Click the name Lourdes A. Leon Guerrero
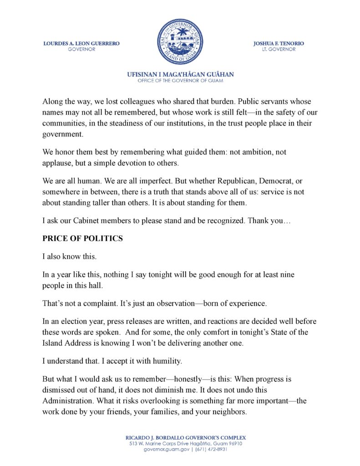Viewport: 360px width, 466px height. pos(81,44)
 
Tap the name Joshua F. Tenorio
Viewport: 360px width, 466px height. pos(279,44)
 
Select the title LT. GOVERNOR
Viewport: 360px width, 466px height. pos(279,50)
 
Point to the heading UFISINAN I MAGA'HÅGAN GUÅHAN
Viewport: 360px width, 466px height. pos(180,75)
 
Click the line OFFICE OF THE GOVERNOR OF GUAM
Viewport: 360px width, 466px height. pos(180,81)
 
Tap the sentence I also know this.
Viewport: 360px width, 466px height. pos(69,256)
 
